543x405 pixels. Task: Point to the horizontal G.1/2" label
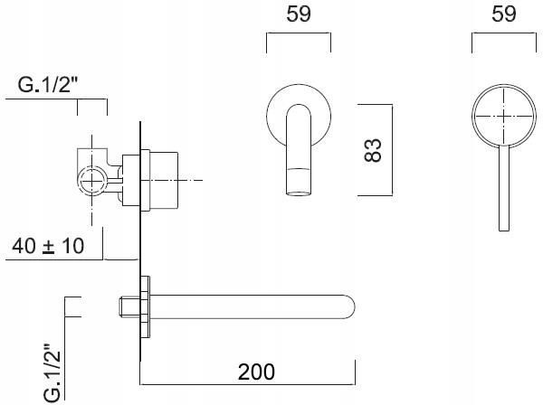pos(48,87)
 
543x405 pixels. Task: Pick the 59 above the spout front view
pos(298,14)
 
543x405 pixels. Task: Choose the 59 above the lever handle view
pos(503,14)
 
